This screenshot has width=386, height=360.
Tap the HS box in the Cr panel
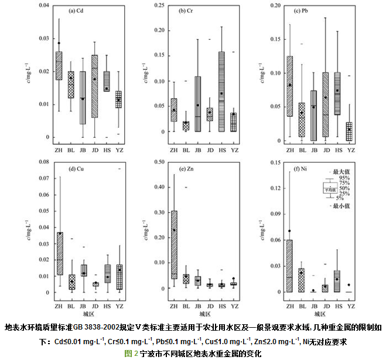point(221,91)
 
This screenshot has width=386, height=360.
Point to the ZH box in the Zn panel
point(173,244)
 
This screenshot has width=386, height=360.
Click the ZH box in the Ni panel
point(289,266)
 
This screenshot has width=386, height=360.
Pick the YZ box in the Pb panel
point(349,131)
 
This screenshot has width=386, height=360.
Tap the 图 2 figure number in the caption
point(131,354)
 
